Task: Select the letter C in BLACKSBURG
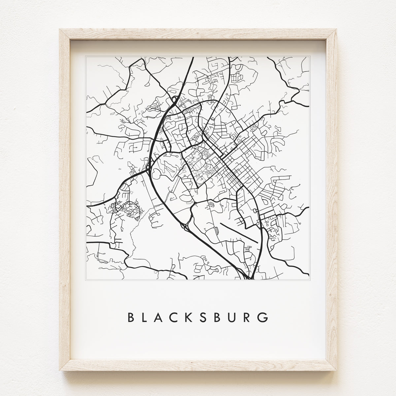click(178, 317)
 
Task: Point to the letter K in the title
click(195, 317)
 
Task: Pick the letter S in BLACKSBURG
click(210, 317)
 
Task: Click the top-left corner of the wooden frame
click(60, 30)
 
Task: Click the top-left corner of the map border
click(86, 56)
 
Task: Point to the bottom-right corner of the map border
click(310, 280)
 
